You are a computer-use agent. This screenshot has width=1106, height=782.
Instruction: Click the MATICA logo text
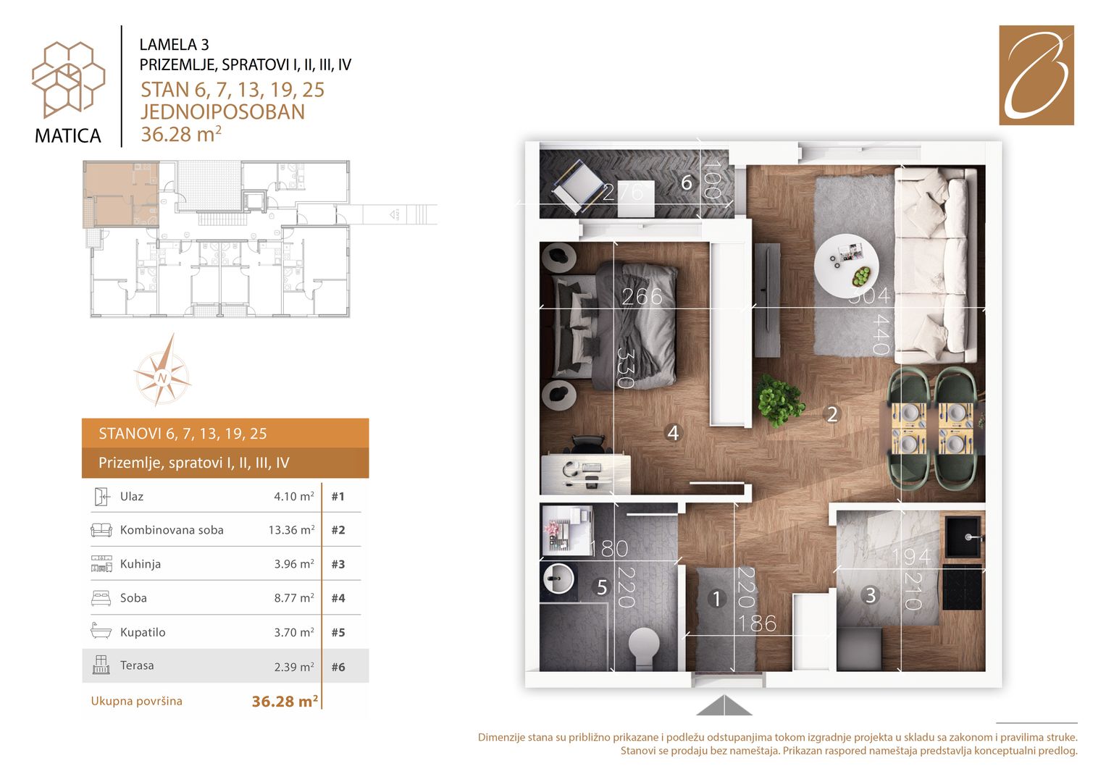pos(67,136)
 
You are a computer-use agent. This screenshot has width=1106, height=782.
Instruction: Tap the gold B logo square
pos(1036,75)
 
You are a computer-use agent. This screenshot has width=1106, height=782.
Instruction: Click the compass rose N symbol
pos(162,379)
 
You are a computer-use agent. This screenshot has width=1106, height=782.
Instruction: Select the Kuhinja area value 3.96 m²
pos(294,564)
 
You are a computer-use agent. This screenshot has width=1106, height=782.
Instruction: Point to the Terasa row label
pos(137,665)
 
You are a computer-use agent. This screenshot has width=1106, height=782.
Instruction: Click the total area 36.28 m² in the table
pos(285,701)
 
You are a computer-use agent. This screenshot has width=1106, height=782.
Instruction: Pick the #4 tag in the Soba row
pos(338,598)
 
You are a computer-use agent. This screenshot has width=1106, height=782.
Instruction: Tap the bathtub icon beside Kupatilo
pos(101,631)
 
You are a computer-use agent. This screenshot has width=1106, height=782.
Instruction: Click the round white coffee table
pos(846,266)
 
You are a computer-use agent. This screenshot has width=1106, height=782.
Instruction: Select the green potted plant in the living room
pos(779,400)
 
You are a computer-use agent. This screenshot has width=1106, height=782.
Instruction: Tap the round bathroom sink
pos(558,578)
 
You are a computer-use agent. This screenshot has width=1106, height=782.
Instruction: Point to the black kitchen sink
pos(963,537)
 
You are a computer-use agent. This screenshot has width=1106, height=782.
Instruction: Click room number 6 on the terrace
pos(687,182)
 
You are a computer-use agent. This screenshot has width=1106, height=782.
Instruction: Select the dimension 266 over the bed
pos(642,296)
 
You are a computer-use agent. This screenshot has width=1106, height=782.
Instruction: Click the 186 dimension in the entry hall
pos(758,624)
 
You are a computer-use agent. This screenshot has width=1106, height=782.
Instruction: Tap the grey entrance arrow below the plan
pos(724,705)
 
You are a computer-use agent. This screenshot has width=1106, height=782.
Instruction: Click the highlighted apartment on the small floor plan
pos(121,194)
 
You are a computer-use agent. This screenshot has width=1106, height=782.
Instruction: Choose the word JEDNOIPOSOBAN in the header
pos(222,112)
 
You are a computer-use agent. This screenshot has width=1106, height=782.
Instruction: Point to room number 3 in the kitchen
pos(871,595)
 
